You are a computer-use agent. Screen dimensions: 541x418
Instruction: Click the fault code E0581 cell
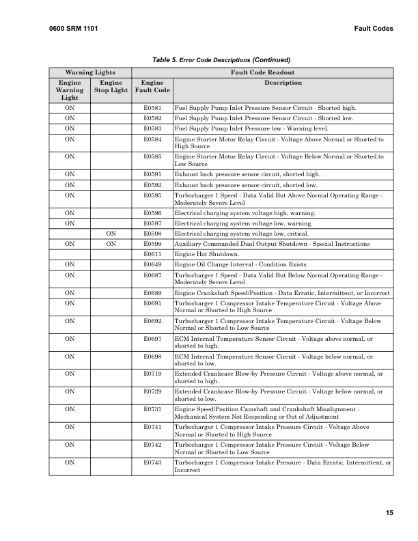click(x=152, y=108)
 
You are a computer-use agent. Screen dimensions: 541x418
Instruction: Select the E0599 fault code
click(x=152, y=244)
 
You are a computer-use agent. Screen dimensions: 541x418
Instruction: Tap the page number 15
click(x=389, y=513)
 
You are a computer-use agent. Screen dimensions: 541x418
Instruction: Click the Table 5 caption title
click(x=217, y=59)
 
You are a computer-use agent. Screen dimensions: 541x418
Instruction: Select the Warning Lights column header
click(x=89, y=72)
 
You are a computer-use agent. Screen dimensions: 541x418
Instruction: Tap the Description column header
click(x=282, y=83)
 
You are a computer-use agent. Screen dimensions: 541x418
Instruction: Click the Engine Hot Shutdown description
click(x=205, y=254)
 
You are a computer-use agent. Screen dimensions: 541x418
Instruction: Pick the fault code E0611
click(x=152, y=254)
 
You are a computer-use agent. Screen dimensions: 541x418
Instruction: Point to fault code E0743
click(x=152, y=462)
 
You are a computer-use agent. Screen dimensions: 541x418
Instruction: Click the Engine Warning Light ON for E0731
click(x=70, y=409)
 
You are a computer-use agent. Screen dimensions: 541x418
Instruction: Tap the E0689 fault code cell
click(x=152, y=293)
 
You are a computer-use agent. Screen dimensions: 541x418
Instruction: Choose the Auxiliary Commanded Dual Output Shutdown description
click(x=272, y=244)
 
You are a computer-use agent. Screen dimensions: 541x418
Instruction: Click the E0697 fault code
click(x=152, y=338)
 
